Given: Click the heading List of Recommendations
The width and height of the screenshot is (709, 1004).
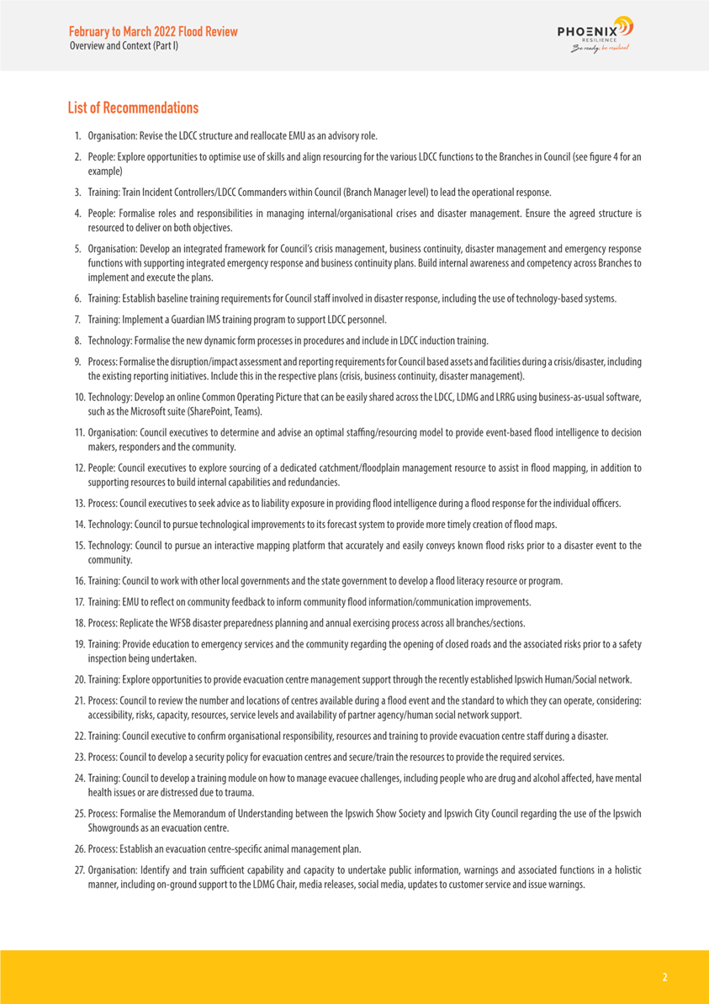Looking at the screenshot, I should pyautogui.click(x=133, y=108).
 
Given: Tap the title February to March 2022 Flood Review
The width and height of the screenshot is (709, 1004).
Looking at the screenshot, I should pyautogui.click(x=153, y=32).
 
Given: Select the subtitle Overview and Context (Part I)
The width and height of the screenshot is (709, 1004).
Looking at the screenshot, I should pyautogui.click(x=123, y=45).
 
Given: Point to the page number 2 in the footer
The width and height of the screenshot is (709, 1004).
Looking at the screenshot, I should pyautogui.click(x=664, y=977).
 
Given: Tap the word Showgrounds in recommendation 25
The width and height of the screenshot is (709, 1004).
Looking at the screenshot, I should pyautogui.click(x=115, y=827).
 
